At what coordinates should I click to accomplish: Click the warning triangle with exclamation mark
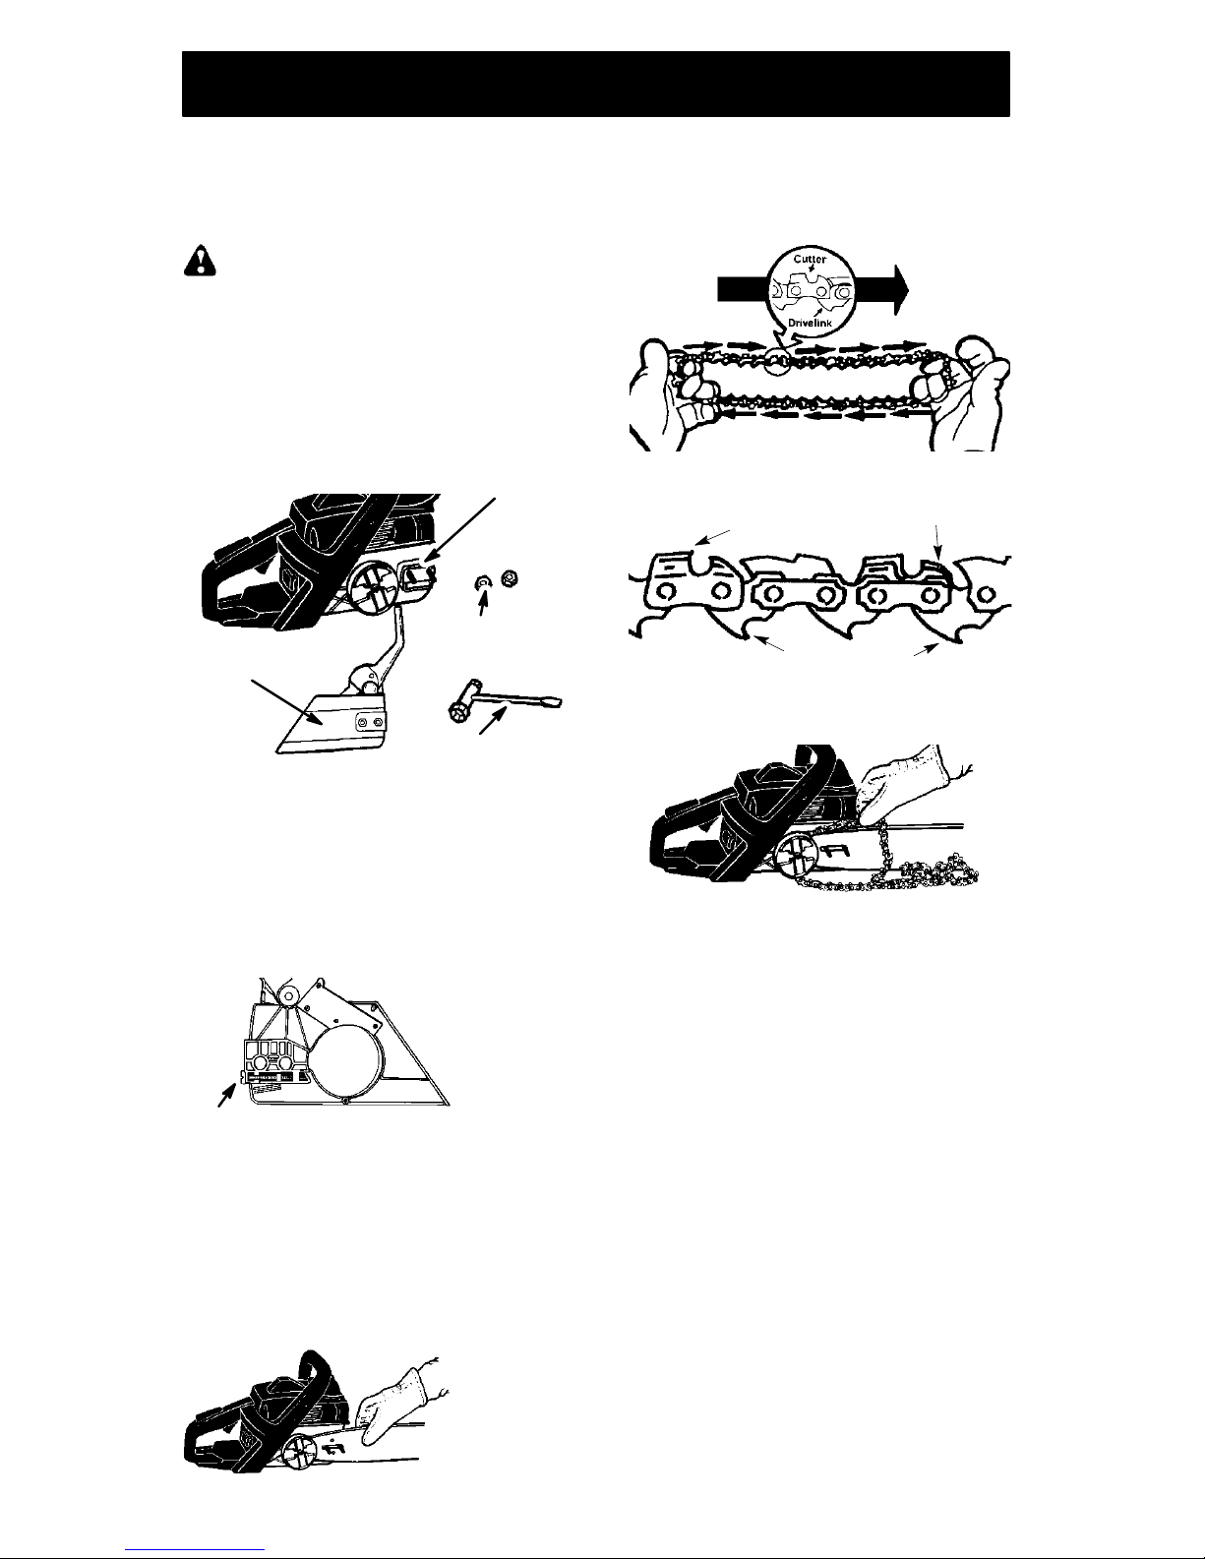click(200, 262)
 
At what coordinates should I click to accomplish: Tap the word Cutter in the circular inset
click(810, 259)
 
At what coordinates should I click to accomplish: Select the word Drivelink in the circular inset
click(811, 324)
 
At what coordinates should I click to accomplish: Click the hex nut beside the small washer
click(510, 577)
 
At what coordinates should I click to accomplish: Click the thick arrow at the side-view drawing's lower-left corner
click(227, 1095)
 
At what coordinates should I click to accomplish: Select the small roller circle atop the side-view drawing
click(290, 996)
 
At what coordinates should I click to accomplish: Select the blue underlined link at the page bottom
click(195, 1550)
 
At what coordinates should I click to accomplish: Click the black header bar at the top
click(596, 84)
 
